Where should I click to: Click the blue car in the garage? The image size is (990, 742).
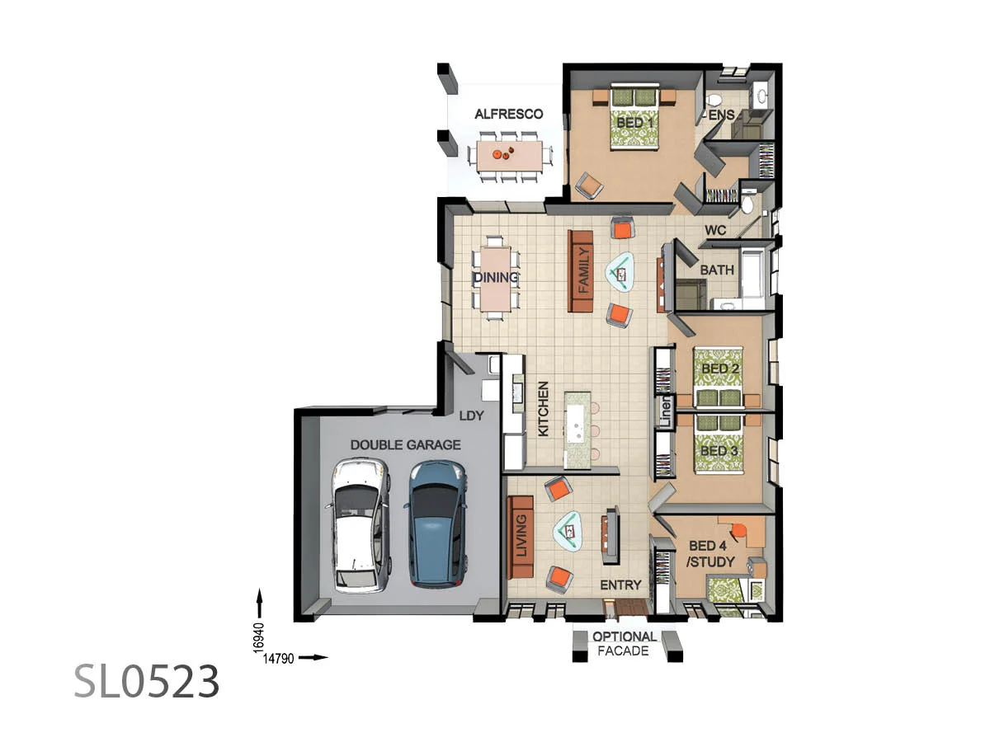[x=436, y=524]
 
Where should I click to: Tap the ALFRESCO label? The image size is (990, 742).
[x=508, y=115]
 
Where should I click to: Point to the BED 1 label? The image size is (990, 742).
[x=635, y=123]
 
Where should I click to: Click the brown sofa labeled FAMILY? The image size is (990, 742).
[x=582, y=270]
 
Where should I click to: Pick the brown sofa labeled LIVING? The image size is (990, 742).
[x=521, y=537]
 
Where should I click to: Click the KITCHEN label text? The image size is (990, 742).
[x=544, y=408]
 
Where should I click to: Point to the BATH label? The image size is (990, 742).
[x=717, y=270]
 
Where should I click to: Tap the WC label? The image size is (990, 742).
[x=714, y=231]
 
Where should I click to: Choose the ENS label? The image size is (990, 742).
[x=720, y=116]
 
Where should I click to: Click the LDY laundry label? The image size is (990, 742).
[x=472, y=416]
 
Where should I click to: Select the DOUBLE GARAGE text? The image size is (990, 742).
[x=405, y=444]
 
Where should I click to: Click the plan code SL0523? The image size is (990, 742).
[x=148, y=681]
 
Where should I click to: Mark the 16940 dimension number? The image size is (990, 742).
[x=258, y=636]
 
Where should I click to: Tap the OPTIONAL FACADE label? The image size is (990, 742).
[x=625, y=643]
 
